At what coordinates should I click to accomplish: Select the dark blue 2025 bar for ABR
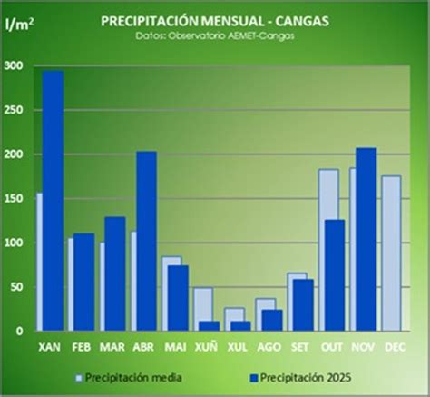point(147,242)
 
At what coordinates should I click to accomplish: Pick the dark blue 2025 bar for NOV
point(366,240)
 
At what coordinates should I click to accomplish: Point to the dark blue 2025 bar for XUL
point(241,326)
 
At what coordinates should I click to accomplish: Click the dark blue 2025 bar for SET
point(303,305)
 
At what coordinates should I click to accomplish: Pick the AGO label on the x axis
point(267,347)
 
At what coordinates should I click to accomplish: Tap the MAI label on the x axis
point(173,347)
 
